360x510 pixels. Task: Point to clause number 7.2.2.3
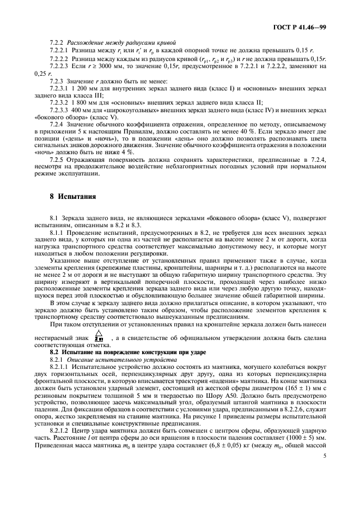(60, 66)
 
